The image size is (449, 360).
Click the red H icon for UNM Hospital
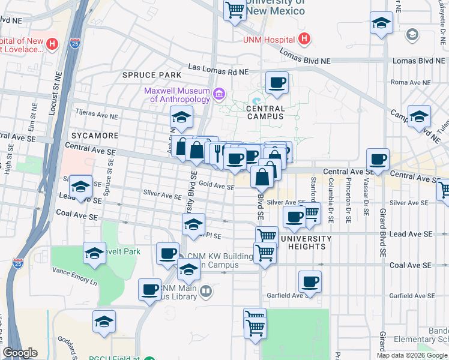tap(304, 40)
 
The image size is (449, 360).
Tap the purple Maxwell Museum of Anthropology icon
tap(219, 94)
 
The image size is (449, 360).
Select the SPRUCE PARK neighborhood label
tap(151, 74)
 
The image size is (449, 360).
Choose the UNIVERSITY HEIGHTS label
tap(306, 243)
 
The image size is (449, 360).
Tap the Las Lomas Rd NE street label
tap(218, 71)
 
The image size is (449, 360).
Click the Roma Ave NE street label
tap(411, 82)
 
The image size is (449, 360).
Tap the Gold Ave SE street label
tap(216, 186)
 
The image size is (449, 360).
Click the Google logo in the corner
tap(20, 353)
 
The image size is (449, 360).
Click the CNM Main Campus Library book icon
tap(206, 292)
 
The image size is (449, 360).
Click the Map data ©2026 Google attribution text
tap(411, 355)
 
